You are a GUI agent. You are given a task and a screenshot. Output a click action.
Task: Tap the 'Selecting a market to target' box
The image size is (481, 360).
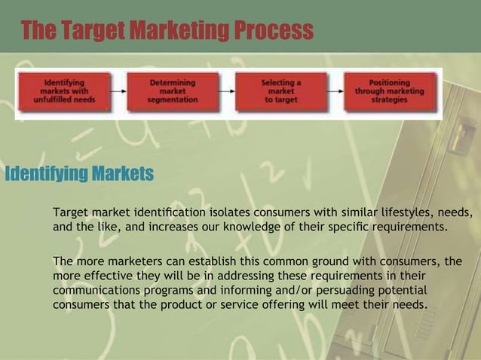coord(281,91)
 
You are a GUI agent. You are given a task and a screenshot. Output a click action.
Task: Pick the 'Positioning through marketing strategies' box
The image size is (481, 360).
coord(390,91)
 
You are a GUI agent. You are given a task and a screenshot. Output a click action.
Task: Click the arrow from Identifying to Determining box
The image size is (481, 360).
coord(118,91)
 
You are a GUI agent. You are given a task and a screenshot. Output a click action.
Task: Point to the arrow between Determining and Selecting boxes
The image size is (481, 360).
coord(227,91)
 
